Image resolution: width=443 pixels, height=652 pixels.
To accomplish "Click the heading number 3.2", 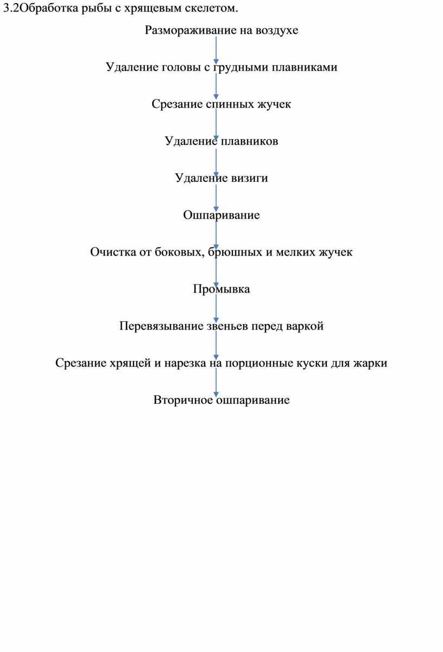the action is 11,9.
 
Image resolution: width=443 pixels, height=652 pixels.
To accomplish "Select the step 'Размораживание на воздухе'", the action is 221,30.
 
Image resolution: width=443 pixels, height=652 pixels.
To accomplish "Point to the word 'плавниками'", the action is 305,67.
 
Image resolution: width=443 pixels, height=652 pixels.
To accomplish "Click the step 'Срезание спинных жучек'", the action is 221,104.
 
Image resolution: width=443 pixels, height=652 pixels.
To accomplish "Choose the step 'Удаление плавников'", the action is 221,141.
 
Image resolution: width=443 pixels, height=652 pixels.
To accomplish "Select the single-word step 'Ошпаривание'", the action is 221,215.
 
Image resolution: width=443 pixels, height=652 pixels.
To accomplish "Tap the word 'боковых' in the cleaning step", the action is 178,252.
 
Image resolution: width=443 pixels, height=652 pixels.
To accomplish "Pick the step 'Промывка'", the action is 221,289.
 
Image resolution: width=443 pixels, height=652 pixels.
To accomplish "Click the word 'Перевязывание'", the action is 162,326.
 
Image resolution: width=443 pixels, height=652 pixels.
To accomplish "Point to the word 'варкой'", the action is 305,326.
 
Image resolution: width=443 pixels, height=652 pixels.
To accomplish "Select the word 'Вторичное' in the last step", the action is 183,400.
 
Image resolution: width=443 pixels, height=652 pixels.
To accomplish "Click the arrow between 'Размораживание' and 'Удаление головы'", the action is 216,50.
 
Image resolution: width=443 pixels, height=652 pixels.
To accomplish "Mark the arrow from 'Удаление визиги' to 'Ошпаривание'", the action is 216,198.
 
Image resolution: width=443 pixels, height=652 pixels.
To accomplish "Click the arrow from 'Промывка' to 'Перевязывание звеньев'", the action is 216,308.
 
